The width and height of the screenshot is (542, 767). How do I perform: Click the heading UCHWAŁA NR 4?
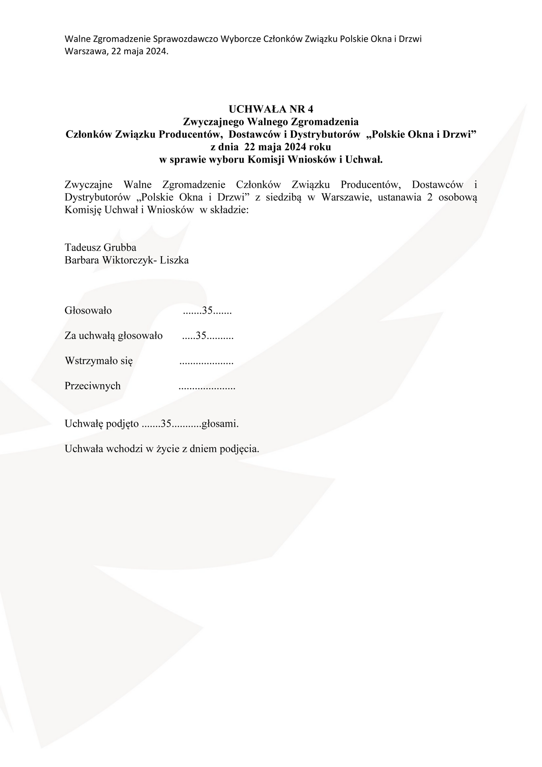(271, 109)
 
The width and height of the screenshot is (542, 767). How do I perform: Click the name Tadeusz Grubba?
(100, 247)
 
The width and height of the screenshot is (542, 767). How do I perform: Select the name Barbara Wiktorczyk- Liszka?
(126, 260)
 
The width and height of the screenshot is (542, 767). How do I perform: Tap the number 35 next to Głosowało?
(207, 311)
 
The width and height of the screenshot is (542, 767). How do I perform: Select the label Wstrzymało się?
(99, 361)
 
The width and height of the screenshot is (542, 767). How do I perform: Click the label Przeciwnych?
(92, 386)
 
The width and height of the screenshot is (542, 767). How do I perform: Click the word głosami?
(220, 424)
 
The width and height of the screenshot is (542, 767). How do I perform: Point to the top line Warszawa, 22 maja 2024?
(117, 51)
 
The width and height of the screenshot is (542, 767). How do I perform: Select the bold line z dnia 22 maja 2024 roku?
(271, 147)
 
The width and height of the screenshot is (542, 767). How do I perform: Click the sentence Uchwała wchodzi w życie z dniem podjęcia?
(162, 449)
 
